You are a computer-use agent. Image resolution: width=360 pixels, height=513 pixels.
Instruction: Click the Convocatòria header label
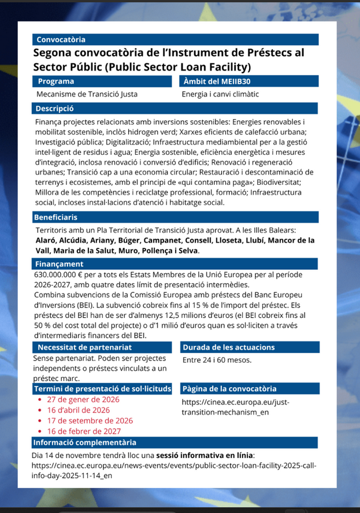click(61, 39)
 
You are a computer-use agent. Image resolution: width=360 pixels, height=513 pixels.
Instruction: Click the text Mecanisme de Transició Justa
click(87, 94)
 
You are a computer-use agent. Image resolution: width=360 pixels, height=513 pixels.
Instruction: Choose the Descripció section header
click(54, 108)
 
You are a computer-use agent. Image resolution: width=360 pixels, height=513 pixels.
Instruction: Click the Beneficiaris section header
click(56, 217)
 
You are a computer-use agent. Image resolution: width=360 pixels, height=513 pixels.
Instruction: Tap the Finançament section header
click(59, 264)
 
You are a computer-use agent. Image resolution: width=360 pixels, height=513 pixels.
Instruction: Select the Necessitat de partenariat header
click(85, 347)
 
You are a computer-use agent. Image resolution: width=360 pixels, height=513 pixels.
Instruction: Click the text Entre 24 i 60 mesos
click(217, 360)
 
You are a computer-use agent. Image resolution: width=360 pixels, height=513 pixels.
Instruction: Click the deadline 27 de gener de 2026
click(83, 400)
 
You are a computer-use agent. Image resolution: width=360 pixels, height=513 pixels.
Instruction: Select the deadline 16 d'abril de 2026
click(79, 410)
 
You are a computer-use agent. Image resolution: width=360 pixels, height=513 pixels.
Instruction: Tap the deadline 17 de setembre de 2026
click(90, 421)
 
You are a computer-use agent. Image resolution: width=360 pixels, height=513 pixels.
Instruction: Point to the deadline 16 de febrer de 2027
click(84, 431)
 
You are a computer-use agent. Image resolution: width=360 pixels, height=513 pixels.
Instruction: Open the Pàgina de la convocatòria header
click(229, 389)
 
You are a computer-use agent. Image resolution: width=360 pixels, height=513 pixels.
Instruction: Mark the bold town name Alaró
click(46, 241)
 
